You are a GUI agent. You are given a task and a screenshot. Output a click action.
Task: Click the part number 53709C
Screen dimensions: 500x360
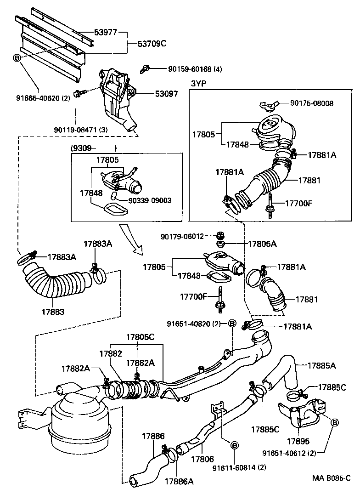pos(152,44)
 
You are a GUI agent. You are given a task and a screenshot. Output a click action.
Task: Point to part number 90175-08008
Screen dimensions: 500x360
pos(317,103)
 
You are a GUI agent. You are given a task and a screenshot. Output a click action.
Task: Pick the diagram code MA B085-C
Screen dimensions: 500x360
pos(332,490)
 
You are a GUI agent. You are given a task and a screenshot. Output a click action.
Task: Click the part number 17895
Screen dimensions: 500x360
pos(298,441)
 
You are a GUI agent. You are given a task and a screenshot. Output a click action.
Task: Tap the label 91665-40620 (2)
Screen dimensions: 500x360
pos(43,97)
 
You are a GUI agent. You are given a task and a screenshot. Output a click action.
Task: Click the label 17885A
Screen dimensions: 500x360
pos(321,366)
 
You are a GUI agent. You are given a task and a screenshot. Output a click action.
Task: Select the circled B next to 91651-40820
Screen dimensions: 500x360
pos(232,324)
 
